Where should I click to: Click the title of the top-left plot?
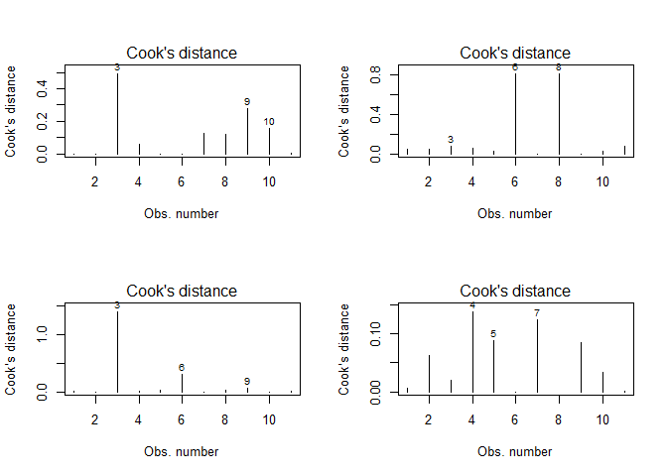point(181,53)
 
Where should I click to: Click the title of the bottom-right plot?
point(514,291)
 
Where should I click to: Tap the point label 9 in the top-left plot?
point(247,101)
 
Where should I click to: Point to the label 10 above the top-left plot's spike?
point(269,122)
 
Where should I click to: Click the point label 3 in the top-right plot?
point(450,140)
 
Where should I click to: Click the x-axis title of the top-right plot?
point(514,213)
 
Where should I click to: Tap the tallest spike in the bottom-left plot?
point(117,351)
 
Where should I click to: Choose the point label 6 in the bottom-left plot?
point(182,368)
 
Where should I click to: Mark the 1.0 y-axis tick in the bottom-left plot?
point(45,334)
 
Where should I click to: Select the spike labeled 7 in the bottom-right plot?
point(537,355)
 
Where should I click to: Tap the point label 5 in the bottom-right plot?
point(493,334)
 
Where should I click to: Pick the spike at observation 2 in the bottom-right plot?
point(429,373)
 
